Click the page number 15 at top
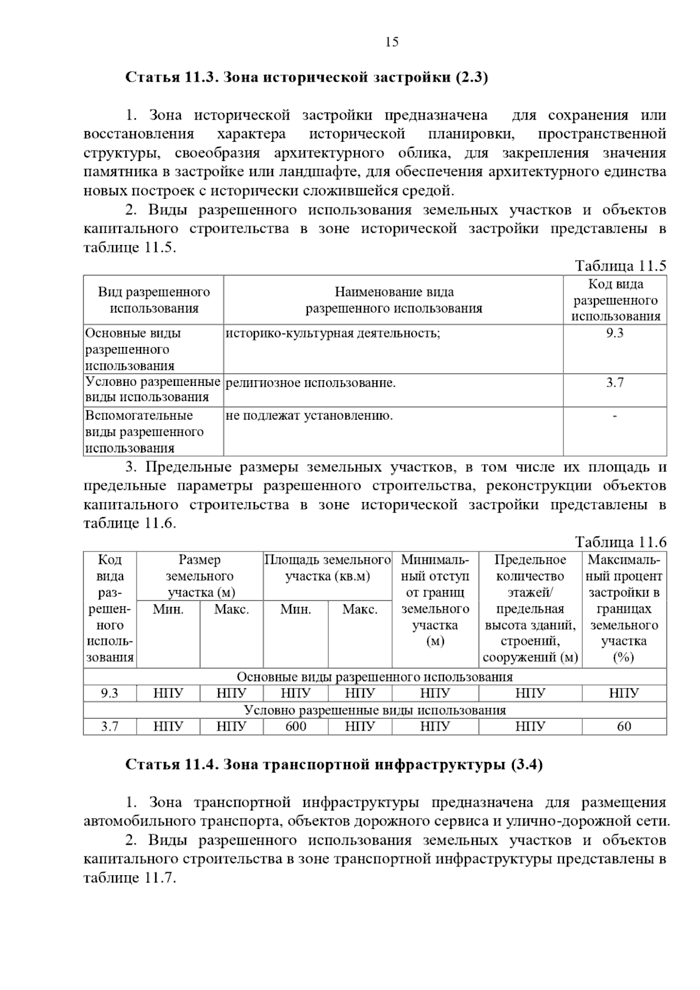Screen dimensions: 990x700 tap(391, 42)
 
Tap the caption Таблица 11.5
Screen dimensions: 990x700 tap(620, 266)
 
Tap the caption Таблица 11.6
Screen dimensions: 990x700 tap(620, 542)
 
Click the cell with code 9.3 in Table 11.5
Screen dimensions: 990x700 tap(614, 333)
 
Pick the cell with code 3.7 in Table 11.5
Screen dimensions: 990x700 tap(614, 383)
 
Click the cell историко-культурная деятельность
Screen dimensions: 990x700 tap(332, 333)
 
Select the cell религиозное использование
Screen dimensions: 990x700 tap(310, 383)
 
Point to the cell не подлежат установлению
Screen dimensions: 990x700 tap(309, 416)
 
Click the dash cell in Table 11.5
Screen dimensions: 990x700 tap(615, 416)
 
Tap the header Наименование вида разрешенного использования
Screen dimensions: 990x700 tap(394, 300)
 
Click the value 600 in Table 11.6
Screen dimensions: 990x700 tap(296, 726)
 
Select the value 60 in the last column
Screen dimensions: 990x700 tap(624, 726)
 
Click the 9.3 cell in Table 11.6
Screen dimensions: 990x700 tap(110, 693)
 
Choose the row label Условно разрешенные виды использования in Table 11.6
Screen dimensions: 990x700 tap(374, 710)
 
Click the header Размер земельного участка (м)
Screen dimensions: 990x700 tap(199, 576)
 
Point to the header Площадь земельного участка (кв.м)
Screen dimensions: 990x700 tap(327, 568)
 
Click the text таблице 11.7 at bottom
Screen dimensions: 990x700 tap(129, 878)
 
